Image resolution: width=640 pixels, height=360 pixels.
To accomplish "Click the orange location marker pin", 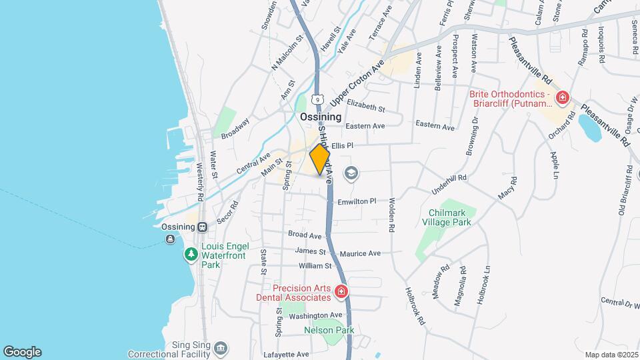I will click(x=320, y=159).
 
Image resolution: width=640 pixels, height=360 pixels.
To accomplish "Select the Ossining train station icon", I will click(x=200, y=226).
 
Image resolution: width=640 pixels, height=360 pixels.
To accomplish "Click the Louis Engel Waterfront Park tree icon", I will click(x=190, y=254).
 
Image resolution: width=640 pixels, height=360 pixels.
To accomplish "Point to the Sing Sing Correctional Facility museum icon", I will click(x=221, y=347).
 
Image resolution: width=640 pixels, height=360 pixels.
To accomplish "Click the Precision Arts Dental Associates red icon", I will click(x=341, y=291).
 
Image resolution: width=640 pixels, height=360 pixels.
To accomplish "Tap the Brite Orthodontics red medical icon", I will click(x=563, y=99).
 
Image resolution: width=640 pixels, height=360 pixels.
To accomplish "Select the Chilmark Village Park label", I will click(x=446, y=217).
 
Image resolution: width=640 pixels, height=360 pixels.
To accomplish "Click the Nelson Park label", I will click(x=329, y=330).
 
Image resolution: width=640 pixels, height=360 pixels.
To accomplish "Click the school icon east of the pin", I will click(x=350, y=174).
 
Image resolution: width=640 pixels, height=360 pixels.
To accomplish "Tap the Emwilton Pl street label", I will click(x=357, y=201).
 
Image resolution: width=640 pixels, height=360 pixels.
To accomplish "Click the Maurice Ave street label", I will click(x=360, y=253).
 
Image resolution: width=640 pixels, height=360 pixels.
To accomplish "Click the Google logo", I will click(x=22, y=351).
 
